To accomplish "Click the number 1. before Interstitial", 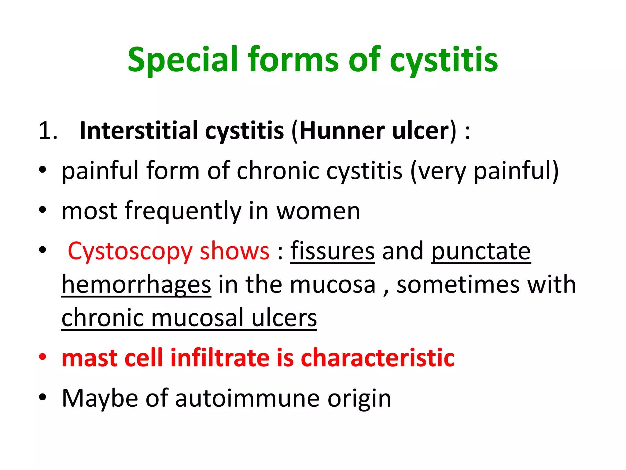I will (x=48, y=131).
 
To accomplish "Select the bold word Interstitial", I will (x=139, y=131).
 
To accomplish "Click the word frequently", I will (x=182, y=211).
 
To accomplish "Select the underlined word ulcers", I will (x=284, y=318).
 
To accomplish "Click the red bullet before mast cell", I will (x=42, y=357).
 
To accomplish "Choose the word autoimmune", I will (x=247, y=398).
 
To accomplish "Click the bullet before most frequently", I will (x=42, y=210).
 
